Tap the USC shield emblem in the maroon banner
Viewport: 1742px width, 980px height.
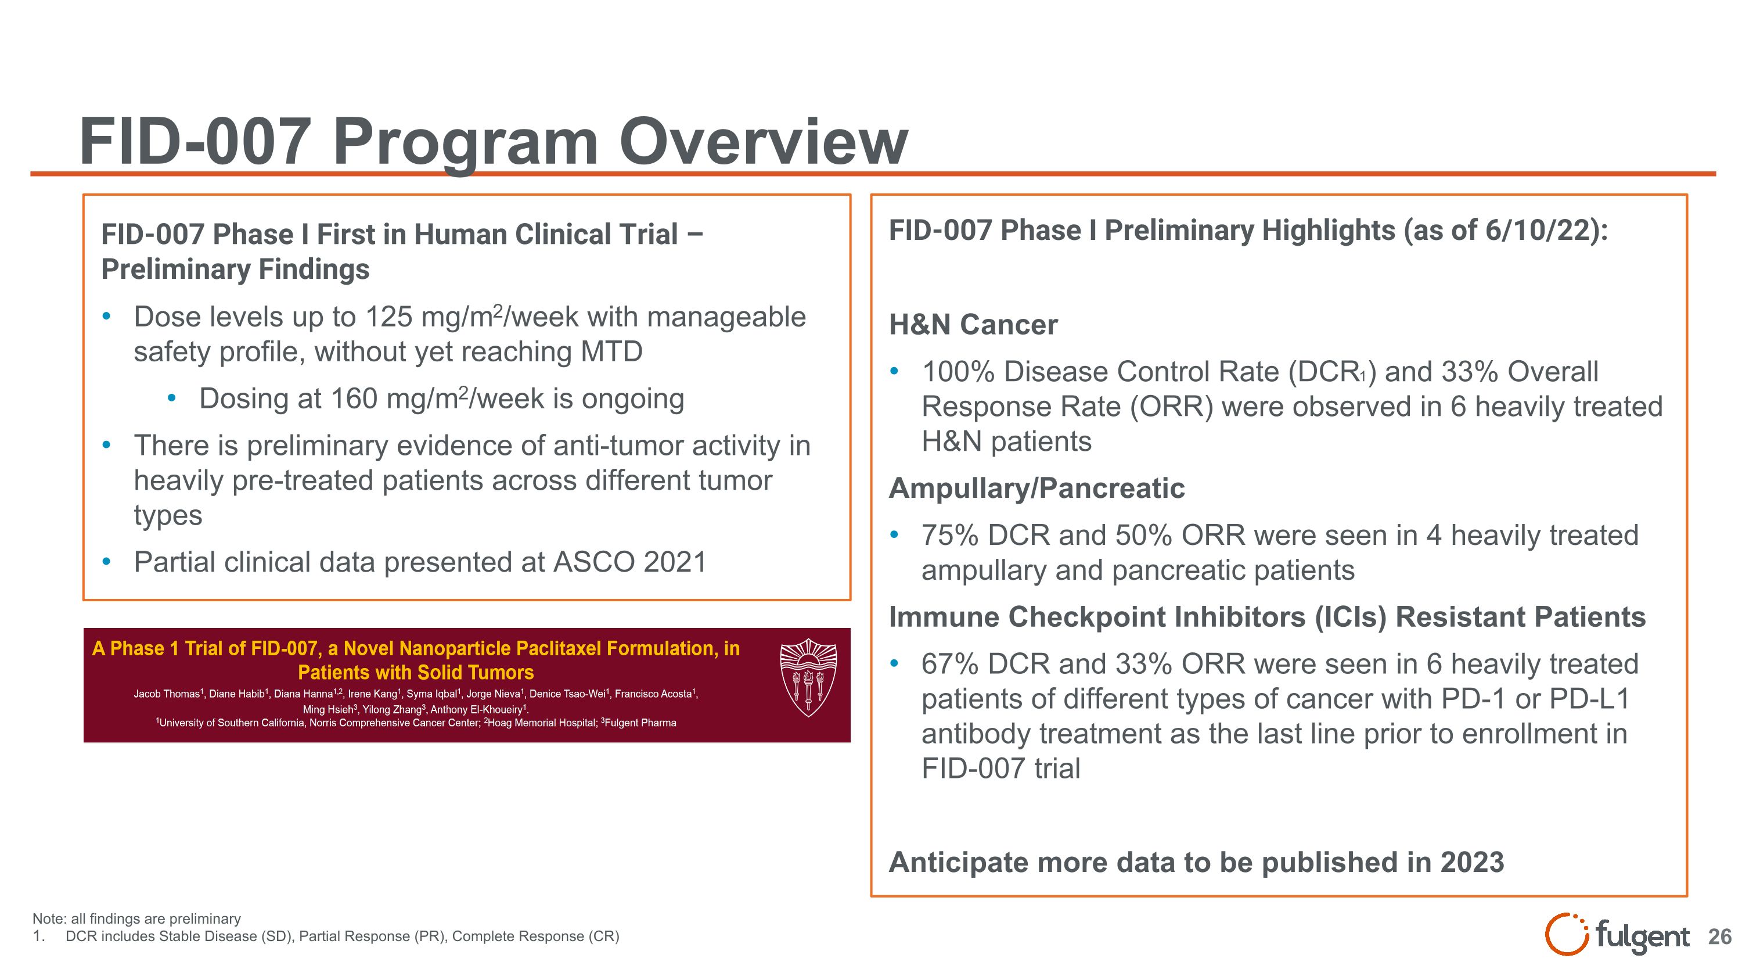point(808,677)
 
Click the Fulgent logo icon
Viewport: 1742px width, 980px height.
point(1566,934)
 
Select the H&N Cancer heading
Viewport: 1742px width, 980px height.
point(973,325)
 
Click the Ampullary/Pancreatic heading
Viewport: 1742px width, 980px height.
point(1036,489)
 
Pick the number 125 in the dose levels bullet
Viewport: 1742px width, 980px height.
point(388,317)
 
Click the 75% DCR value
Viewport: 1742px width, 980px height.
point(949,536)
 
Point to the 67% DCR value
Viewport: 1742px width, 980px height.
point(949,664)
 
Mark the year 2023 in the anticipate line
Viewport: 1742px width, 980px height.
point(1471,862)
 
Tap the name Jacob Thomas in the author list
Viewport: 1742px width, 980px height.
point(166,694)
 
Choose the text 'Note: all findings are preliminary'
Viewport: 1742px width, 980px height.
point(136,918)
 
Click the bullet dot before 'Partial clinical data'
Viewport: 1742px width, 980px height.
point(106,561)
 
